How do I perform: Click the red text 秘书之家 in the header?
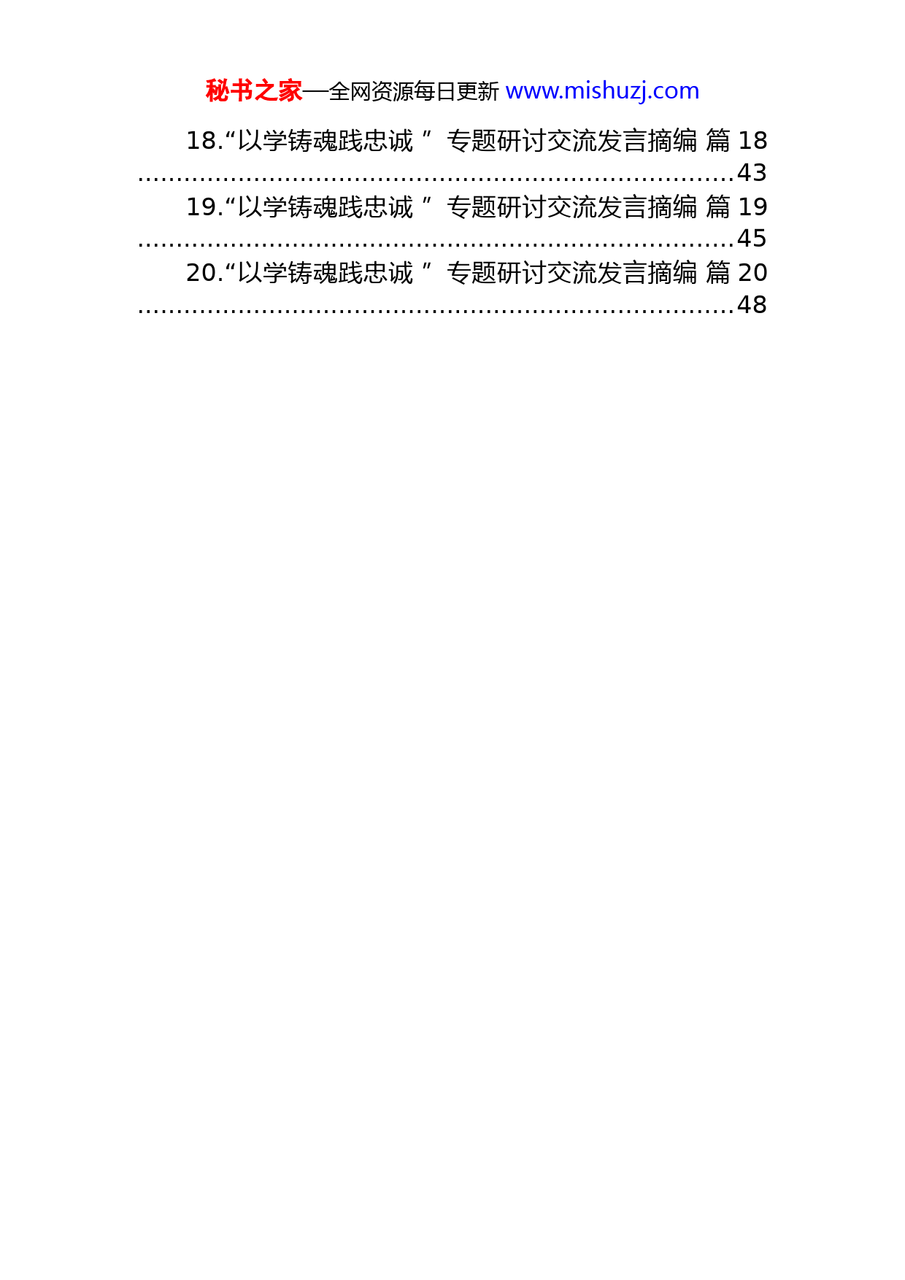point(254,91)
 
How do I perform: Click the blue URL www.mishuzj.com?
point(602,91)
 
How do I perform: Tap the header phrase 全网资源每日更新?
point(414,91)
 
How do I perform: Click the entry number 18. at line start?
point(204,141)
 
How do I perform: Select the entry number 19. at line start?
point(204,207)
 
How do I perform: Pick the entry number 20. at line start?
point(204,273)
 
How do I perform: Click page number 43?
point(752,173)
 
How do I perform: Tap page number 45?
point(752,239)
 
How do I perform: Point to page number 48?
point(752,305)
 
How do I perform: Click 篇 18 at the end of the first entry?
point(736,141)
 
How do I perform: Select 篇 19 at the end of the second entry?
point(736,207)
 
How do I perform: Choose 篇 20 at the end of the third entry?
point(736,273)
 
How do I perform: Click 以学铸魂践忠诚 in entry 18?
point(326,141)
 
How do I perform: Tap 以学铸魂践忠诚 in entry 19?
point(326,207)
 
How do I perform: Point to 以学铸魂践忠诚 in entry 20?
point(326,273)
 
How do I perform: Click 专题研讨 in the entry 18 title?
point(497,141)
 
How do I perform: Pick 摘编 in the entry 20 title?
point(673,273)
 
